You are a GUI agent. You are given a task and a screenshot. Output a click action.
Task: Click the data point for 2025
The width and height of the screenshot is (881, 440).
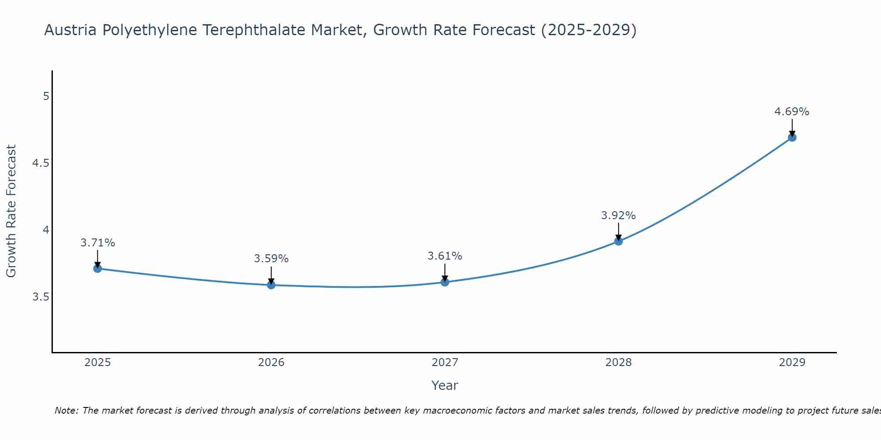[98, 268]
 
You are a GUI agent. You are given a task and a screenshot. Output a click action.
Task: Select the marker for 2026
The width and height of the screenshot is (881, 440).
[271, 285]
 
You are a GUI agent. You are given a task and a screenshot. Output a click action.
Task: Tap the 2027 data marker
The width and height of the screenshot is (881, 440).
[445, 282]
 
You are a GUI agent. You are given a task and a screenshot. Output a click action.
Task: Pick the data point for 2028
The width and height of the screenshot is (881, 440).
[618, 241]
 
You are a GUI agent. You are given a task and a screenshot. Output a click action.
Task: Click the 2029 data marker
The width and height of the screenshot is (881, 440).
[792, 137]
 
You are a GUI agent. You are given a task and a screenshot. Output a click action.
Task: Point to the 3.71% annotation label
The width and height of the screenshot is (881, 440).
[98, 243]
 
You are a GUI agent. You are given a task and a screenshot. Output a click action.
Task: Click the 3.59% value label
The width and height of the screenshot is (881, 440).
[271, 259]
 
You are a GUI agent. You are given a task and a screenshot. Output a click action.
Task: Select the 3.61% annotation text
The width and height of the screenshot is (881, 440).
[445, 256]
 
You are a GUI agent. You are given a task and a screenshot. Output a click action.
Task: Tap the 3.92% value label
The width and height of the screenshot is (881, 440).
[618, 216]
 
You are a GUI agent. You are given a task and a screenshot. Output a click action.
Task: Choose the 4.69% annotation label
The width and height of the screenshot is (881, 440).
[792, 112]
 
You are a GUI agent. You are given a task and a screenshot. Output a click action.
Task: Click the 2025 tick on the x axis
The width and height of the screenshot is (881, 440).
[98, 363]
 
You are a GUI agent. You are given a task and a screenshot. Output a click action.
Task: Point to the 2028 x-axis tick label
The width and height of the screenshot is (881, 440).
[618, 363]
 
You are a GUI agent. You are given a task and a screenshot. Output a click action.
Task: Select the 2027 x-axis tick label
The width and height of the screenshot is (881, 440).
[445, 363]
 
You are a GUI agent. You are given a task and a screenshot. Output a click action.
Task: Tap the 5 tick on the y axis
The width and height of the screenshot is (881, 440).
[46, 96]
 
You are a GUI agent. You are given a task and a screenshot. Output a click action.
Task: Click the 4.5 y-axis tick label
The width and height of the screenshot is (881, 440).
[41, 163]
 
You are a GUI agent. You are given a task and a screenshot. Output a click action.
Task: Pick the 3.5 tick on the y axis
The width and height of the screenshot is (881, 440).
[41, 297]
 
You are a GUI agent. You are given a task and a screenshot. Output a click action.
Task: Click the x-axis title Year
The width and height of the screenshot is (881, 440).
[445, 385]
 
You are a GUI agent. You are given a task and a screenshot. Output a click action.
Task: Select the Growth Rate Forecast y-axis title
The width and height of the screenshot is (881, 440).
[11, 211]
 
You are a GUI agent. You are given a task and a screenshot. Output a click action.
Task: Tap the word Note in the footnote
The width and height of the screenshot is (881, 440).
[66, 411]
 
